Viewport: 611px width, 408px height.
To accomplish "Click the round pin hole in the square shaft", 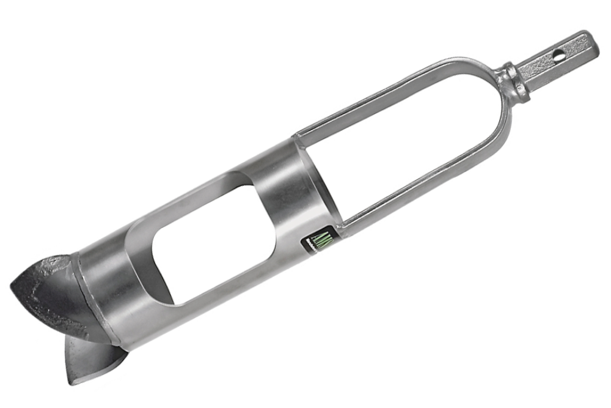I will point(558,55).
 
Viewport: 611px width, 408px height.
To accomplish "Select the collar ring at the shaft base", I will point(512,80).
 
